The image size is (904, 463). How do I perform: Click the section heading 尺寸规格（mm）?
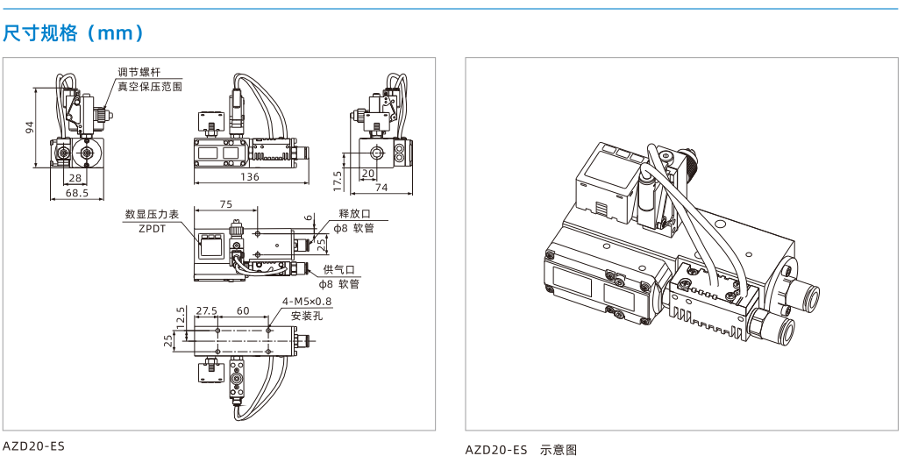pos(74,32)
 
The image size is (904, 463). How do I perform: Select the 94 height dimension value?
pos(31,127)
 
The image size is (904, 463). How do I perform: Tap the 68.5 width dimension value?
pos(76,193)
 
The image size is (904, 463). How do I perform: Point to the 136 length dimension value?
pos(250,177)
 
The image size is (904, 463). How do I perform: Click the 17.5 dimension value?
pos(338,180)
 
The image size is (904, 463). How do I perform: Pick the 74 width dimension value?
pos(381,187)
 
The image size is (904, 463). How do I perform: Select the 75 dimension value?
pos(226,203)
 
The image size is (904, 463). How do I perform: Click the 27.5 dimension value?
pos(206,310)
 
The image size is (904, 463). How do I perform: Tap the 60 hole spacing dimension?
pos(243,310)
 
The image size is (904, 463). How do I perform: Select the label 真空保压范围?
pos(150,87)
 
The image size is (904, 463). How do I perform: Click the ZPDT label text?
pos(153,228)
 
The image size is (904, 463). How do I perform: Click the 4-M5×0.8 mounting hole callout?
pos(307,302)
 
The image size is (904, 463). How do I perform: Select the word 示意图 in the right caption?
pos(559,450)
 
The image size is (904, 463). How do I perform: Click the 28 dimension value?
pos(75,178)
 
